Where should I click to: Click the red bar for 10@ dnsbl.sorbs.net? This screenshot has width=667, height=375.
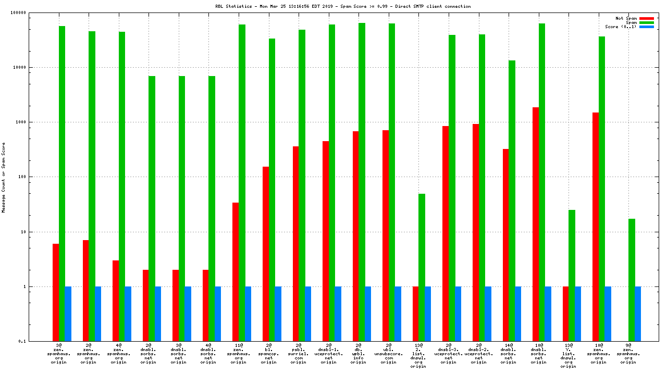(x=536, y=224)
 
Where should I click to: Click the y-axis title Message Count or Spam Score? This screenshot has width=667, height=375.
(x=4, y=177)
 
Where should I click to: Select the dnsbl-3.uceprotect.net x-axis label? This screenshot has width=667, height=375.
(x=448, y=354)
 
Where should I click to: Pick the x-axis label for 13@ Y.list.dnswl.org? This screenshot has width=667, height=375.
(x=569, y=356)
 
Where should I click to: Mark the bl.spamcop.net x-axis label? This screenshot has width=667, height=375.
(x=268, y=354)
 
